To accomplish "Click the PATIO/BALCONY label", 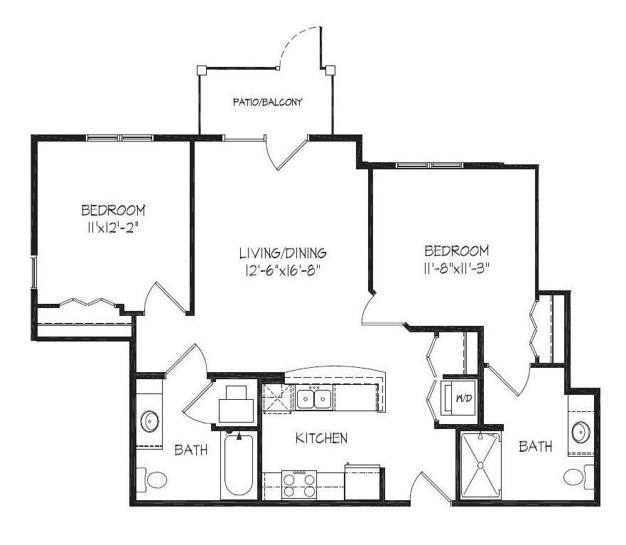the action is [267, 102].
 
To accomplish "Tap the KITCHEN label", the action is [321, 438].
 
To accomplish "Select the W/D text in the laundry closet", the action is [464, 398].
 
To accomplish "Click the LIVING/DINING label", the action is [283, 253].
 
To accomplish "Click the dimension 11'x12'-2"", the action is [113, 228].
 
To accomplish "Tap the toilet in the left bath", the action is [152, 480].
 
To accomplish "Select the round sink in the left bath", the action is [150, 421].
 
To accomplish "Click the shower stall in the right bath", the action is [480, 465].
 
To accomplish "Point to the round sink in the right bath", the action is [581, 433].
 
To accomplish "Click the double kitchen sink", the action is [314, 398].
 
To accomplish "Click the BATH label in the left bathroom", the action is [191, 450].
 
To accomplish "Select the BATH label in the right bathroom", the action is [535, 446].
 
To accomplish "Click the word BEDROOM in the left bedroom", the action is [114, 210].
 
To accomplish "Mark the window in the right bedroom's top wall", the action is [429, 165].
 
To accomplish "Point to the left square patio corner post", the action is [202, 70].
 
